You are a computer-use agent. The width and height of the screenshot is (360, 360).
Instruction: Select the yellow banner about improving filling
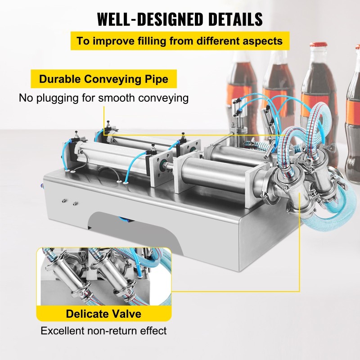[180, 41]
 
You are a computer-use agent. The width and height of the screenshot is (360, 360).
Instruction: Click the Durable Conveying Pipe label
[103, 80]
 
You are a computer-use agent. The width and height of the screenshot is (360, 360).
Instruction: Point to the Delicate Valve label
[103, 314]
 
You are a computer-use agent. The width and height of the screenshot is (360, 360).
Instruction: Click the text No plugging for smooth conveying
[103, 98]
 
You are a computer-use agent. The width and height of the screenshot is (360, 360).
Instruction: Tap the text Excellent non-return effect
[103, 331]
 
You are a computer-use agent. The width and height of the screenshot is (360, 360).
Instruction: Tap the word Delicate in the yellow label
[87, 314]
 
